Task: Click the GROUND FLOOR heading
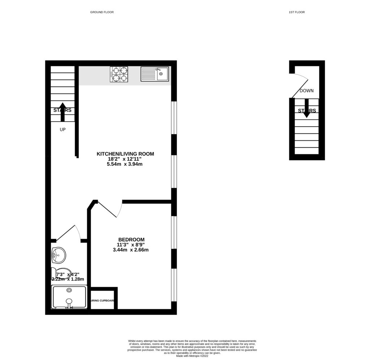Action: (102, 12)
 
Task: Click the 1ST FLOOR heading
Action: (297, 12)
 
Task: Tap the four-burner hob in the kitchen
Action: (119, 74)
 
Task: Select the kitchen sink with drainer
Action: (155, 74)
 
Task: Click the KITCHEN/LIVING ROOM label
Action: (125, 154)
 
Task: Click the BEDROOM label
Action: (132, 240)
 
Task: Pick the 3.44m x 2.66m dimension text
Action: (130, 250)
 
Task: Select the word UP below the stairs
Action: (63, 129)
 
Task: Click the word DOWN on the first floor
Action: (306, 91)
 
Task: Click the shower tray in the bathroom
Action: (69, 297)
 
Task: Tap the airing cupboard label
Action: (103, 300)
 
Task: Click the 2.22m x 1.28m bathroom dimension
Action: (68, 279)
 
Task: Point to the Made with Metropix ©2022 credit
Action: (192, 356)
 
